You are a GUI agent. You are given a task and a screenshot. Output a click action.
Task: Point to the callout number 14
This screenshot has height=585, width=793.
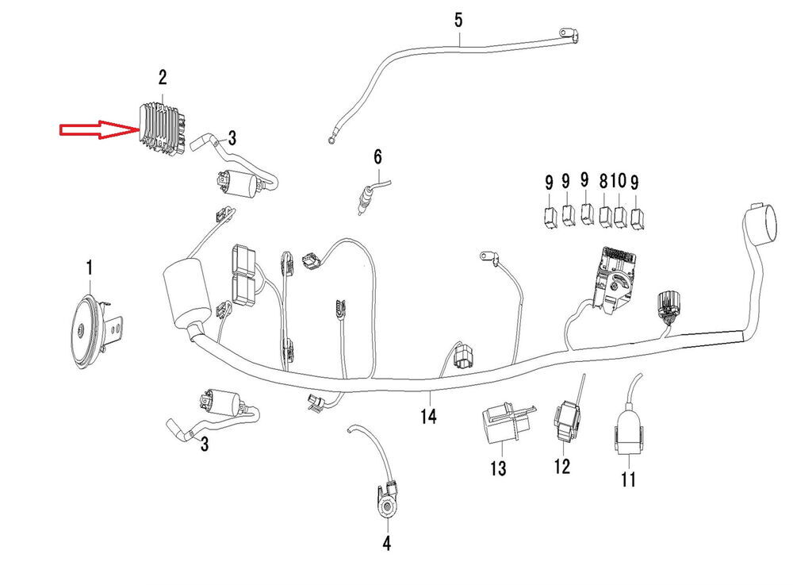coord(428,415)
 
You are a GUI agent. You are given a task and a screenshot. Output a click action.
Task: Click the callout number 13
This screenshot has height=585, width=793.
coord(497,468)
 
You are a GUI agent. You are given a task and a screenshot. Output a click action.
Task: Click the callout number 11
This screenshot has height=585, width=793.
coord(628,479)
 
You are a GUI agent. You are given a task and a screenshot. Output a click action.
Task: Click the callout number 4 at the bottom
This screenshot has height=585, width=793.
coord(386,544)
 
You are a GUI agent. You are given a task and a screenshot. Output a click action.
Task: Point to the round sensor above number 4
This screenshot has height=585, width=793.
coord(388,506)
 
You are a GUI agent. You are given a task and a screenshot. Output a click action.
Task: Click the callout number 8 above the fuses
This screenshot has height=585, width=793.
coord(604,182)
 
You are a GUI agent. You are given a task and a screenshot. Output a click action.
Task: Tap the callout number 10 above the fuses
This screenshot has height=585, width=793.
coord(619,182)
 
